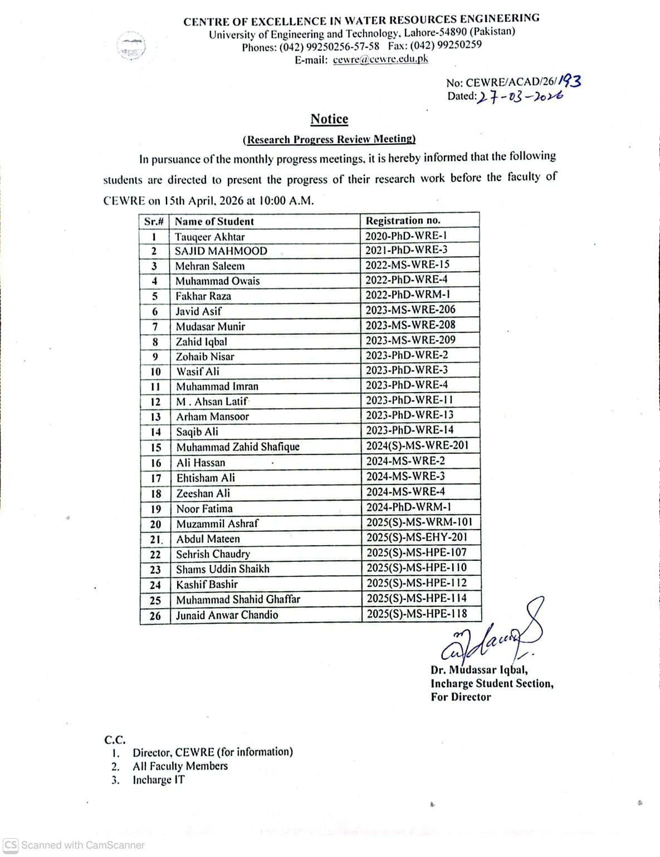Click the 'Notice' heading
[329, 119]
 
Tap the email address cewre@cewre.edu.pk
[380, 60]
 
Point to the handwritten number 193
[569, 81]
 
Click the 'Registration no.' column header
[403, 221]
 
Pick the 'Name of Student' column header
[214, 222]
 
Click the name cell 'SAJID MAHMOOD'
[221, 251]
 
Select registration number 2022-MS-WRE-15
[407, 265]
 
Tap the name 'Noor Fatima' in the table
[204, 509]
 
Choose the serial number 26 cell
[155, 616]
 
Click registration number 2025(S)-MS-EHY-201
[417, 538]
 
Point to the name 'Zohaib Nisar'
[205, 357]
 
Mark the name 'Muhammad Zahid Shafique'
[238, 447]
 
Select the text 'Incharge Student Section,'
[492, 684]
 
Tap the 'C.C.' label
[115, 740]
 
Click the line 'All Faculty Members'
[180, 766]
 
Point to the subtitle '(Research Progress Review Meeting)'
[329, 139]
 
